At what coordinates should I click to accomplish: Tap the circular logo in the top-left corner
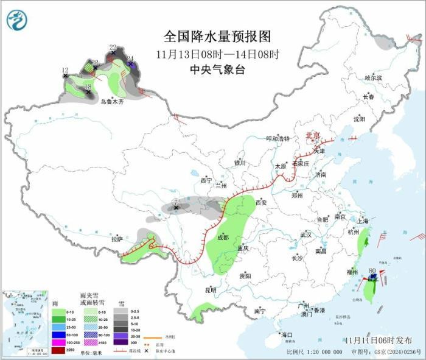tap(17, 21)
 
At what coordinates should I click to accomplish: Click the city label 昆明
tap(210, 290)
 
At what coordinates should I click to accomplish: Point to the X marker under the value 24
tap(131, 64)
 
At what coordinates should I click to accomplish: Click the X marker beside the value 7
tap(176, 208)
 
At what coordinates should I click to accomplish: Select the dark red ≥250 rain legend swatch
tap(57, 350)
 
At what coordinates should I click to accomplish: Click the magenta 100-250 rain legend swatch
tap(57, 343)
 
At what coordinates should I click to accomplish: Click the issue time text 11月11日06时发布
tap(377, 339)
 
